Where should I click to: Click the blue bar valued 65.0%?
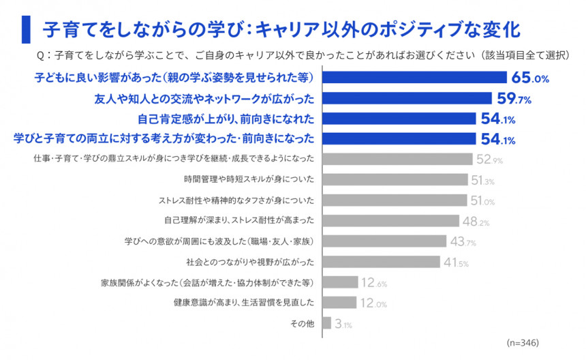tap(414, 78)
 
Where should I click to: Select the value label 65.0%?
tap(530, 78)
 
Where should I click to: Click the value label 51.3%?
tap(482, 181)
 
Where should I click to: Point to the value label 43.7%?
tap(462, 242)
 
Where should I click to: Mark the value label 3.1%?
tap(343, 324)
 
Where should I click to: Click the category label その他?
tap(299, 323)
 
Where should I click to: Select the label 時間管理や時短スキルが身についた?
tap(249, 180)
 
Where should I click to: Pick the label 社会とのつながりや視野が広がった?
tap(249, 262)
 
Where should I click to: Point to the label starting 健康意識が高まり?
tap(243, 303)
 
